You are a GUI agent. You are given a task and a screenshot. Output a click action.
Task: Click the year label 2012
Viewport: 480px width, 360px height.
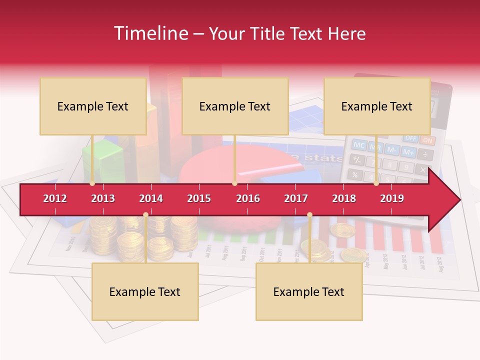pyautogui.click(x=55, y=198)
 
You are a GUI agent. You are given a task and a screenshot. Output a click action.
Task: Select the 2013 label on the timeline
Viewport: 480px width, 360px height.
pyautogui.click(x=103, y=198)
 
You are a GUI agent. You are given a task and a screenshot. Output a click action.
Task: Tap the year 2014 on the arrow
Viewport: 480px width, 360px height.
pyautogui.click(x=151, y=198)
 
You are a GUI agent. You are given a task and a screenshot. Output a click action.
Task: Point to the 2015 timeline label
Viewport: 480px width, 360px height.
pyautogui.click(x=199, y=198)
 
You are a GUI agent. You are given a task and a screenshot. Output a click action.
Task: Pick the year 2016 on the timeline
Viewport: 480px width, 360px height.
pyautogui.click(x=248, y=198)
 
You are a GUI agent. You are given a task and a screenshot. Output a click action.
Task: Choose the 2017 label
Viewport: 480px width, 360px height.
pyautogui.click(x=296, y=198)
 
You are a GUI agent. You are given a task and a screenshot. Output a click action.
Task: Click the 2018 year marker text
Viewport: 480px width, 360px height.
pyautogui.click(x=344, y=198)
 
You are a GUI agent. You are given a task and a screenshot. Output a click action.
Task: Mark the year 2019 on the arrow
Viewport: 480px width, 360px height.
pyautogui.click(x=392, y=198)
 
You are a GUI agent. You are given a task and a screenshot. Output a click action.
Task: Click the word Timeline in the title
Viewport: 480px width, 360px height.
pyautogui.click(x=150, y=33)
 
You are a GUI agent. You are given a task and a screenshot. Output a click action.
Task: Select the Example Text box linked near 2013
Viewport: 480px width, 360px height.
pyautogui.click(x=93, y=106)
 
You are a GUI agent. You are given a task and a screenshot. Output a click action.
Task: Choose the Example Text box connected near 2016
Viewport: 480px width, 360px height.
pyautogui.click(x=235, y=106)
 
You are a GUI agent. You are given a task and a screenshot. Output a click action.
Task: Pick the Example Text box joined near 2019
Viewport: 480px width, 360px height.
pyautogui.click(x=377, y=106)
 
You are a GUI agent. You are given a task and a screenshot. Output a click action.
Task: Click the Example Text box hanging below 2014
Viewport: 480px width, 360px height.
pyautogui.click(x=145, y=291)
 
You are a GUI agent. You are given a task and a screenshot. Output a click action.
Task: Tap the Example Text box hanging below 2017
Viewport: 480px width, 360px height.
pyautogui.click(x=309, y=291)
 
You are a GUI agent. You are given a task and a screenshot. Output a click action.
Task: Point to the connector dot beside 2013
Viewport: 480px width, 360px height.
pyautogui.click(x=92, y=183)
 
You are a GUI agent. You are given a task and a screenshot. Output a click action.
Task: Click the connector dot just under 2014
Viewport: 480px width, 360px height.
pyautogui.click(x=145, y=215)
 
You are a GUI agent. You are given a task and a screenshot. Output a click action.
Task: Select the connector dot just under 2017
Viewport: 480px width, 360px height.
pyautogui.click(x=309, y=215)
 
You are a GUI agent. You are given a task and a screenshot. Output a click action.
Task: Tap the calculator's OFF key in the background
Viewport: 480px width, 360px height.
pyautogui.click(x=411, y=137)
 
